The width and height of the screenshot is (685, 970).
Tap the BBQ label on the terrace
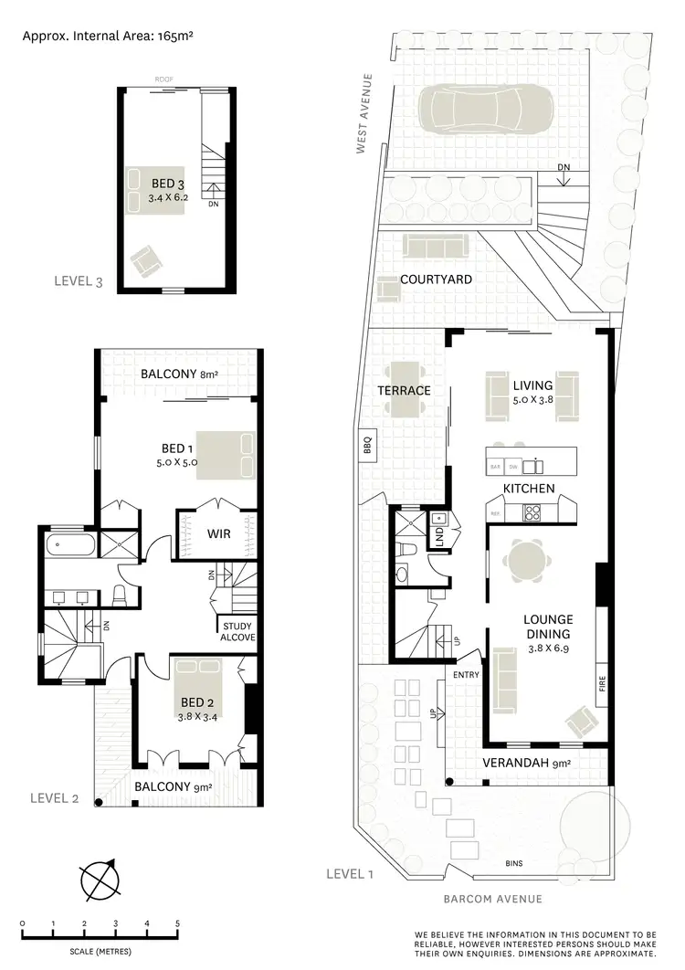pos(368,448)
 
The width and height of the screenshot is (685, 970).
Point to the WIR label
pos(218,532)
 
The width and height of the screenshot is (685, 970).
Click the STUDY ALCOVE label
pos(237,632)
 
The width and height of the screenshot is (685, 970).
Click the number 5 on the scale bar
pos(177,923)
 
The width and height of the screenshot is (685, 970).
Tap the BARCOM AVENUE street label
pos(492,899)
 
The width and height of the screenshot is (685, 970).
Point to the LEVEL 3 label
pos(78,282)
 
